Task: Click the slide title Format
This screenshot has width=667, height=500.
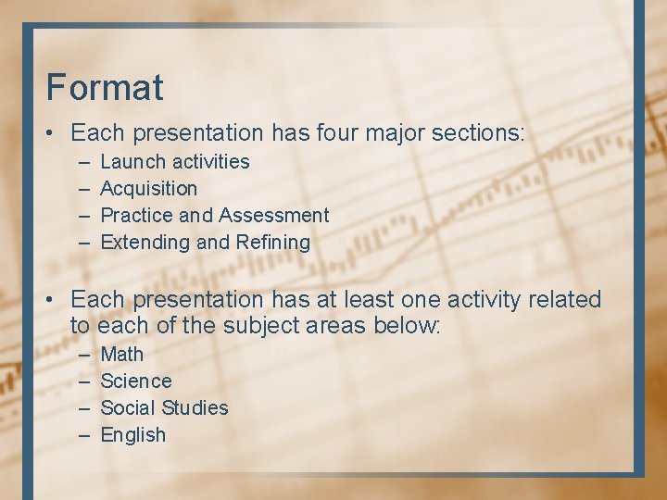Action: pos(105,87)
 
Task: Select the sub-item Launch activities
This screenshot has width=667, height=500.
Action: pos(174,162)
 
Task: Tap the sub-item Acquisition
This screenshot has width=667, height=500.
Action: pos(148,189)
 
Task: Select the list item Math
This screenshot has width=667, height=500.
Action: pos(121,355)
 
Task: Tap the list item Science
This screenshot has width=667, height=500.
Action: pos(135,381)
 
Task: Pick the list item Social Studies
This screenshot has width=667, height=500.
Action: pos(164,408)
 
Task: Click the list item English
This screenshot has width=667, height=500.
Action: pos(132,435)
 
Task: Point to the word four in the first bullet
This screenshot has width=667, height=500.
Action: pos(339,133)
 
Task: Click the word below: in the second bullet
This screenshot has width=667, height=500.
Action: pos(408,327)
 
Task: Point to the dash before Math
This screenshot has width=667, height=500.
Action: pos(84,355)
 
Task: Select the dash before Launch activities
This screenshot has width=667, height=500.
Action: pos(84,162)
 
